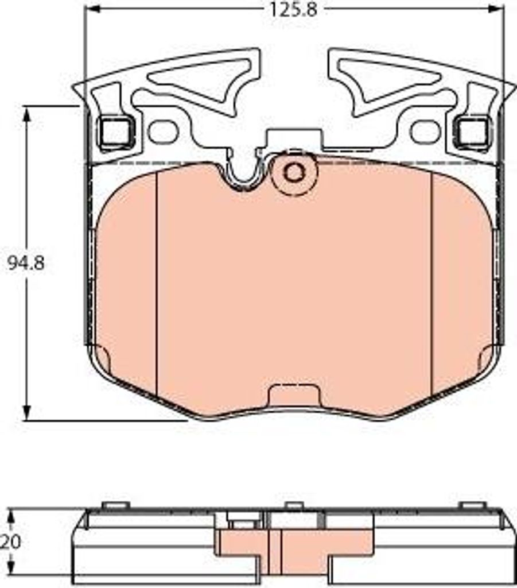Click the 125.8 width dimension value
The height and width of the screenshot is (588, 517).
click(x=294, y=10)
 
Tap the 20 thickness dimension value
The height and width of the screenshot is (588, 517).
click(x=11, y=541)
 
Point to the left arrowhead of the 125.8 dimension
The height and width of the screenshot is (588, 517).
click(x=92, y=9)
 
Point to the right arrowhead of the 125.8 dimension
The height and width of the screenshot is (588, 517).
click(x=495, y=9)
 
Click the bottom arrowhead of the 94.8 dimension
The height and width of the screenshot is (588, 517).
click(x=26, y=412)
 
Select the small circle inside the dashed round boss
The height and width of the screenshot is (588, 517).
click(x=294, y=172)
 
